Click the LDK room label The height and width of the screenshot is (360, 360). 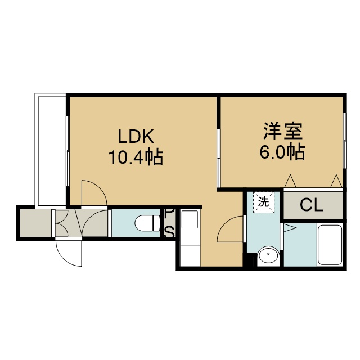(x=136, y=136)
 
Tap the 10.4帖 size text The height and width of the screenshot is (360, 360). (x=136, y=157)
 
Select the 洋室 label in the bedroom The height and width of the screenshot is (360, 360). (x=282, y=131)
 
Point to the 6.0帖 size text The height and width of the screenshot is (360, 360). (x=282, y=151)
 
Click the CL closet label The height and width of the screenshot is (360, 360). (x=312, y=205)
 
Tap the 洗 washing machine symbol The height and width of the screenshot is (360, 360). (x=264, y=202)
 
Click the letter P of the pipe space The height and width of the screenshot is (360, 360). (x=169, y=214)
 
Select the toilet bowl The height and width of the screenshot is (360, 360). (x=147, y=223)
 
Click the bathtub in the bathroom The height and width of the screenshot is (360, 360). (x=330, y=245)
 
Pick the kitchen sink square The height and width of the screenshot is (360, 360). (x=190, y=219)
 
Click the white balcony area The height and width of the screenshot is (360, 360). (x=52, y=151)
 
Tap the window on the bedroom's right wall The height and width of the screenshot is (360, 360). (x=345, y=141)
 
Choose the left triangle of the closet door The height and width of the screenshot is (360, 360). (x=290, y=181)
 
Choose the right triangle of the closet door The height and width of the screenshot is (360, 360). (x=336, y=181)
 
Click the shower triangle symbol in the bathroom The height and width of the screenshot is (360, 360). (x=290, y=228)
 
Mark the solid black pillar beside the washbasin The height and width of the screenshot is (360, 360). (x=250, y=260)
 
